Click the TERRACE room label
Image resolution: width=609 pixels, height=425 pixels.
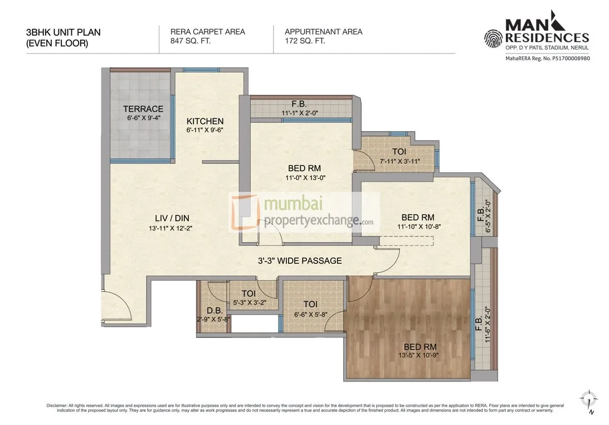click(x=143, y=109)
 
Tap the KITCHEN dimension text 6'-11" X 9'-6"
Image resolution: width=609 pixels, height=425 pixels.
click(x=204, y=131)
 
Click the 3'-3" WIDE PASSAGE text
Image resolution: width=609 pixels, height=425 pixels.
click(x=299, y=260)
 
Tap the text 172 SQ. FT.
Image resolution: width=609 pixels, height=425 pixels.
click(x=305, y=41)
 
